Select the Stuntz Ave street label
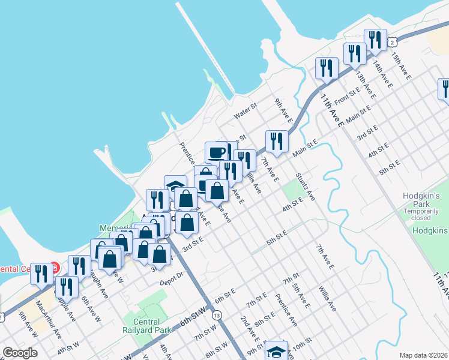[305, 187]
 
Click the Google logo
[20, 352]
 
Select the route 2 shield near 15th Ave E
[391, 42]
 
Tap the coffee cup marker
[217, 152]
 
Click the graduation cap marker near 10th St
[276, 350]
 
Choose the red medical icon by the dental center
[56, 266]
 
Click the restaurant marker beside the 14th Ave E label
[375, 40]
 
